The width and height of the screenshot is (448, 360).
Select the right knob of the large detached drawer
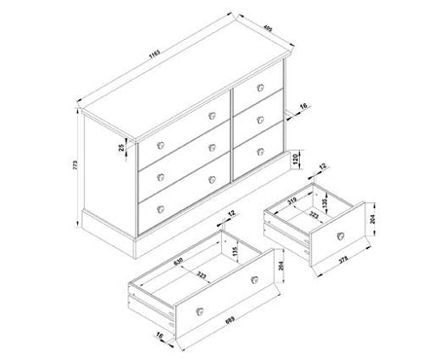(x=256, y=279)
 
